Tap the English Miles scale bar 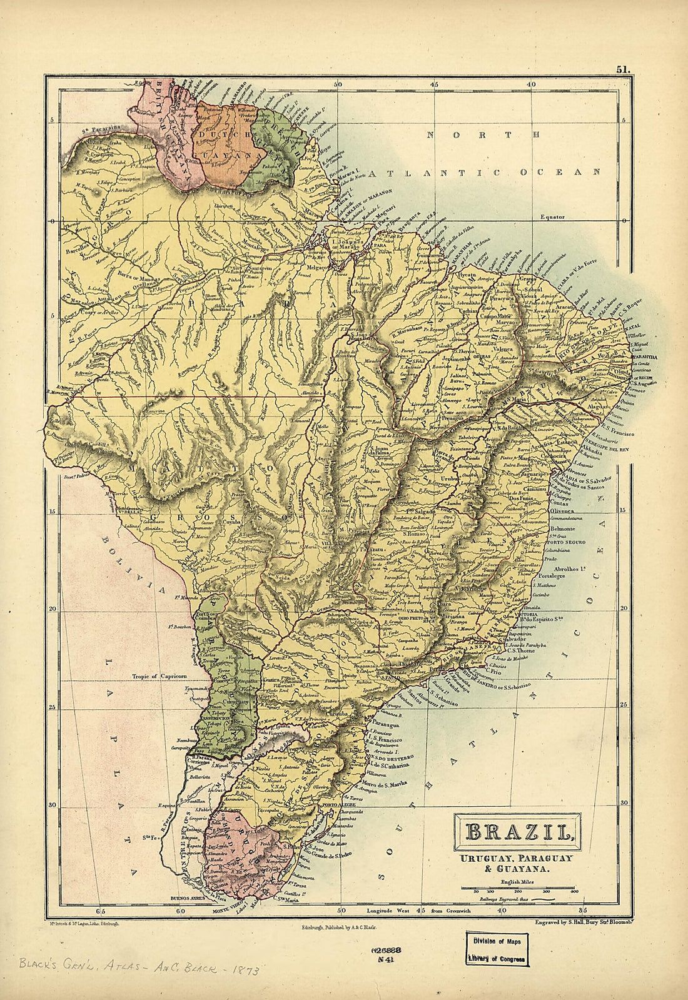click(x=524, y=887)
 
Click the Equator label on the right click(x=553, y=217)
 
